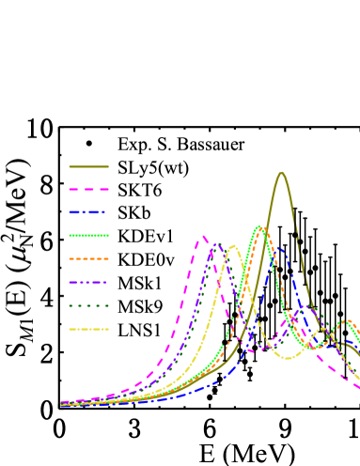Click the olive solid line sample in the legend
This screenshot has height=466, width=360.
tap(88, 166)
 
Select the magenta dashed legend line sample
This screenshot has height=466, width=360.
tap(88, 190)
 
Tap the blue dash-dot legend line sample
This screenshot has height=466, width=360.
tap(88, 212)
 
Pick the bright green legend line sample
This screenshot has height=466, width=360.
tap(88, 235)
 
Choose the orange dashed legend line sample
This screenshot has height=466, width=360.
tap(88, 258)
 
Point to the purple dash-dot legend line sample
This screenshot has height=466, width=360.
tap(88, 282)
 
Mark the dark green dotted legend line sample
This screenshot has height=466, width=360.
tap(88, 305)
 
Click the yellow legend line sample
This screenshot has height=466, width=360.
tap(88, 329)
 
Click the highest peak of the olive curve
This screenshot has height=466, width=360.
tap(281, 173)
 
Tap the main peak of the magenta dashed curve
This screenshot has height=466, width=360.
tap(204, 236)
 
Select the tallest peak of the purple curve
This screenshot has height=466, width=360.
tap(217, 244)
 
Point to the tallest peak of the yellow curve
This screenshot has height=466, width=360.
tap(233, 246)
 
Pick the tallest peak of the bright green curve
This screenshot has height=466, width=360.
tap(258, 226)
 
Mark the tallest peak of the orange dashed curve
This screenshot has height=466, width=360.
tap(264, 229)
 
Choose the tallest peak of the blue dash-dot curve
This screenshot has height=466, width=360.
tap(278, 246)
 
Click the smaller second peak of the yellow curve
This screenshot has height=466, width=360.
tap(322, 329)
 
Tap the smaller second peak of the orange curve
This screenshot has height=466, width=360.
tap(350, 321)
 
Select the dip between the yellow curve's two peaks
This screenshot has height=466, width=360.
tap(288, 358)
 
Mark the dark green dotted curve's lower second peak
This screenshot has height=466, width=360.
tap(314, 307)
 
